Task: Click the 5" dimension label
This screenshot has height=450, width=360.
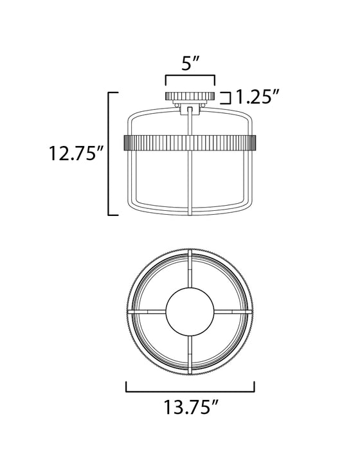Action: point(190,65)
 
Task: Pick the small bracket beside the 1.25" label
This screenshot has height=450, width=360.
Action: point(226,98)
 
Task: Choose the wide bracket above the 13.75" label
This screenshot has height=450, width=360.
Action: point(190,388)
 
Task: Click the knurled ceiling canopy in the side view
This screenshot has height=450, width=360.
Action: point(190,96)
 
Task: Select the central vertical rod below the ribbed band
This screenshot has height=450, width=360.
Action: point(190,183)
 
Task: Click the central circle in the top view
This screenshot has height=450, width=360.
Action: point(190,310)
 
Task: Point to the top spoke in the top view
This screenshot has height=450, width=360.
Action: point(190,273)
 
